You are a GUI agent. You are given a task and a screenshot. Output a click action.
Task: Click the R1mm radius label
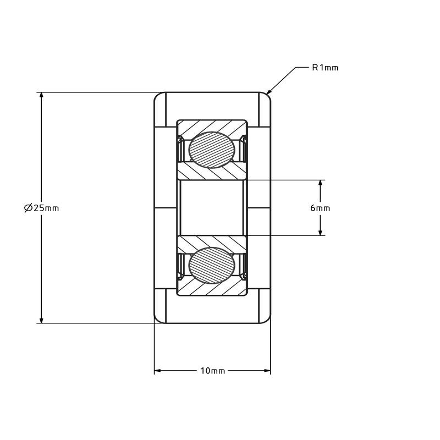[x=325, y=68]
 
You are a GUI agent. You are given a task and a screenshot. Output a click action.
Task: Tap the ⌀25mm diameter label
[x=42, y=208]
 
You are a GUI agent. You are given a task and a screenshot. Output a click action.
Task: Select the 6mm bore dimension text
[x=320, y=208]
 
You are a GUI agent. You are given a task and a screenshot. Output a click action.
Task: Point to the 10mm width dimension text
[x=213, y=371]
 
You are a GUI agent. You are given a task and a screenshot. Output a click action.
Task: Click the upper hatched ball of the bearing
[x=211, y=150]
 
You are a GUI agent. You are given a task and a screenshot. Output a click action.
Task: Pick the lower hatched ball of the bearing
[x=211, y=266]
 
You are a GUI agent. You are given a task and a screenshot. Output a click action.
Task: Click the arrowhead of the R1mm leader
[x=268, y=91]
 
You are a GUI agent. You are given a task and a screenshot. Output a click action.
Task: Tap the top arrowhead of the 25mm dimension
[x=42, y=96]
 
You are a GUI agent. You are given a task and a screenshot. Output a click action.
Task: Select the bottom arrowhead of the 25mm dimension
[x=42, y=320]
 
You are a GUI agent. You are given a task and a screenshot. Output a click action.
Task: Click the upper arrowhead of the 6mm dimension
[x=320, y=184]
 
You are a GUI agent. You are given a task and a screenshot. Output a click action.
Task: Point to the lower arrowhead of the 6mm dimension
[x=320, y=232]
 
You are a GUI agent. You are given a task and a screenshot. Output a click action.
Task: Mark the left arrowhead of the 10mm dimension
[x=158, y=371]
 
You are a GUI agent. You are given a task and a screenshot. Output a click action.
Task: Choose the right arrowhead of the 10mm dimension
[x=266, y=371]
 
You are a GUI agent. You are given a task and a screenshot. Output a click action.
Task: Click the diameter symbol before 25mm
[x=29, y=208]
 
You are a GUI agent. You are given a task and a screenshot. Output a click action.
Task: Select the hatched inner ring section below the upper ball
[x=212, y=172]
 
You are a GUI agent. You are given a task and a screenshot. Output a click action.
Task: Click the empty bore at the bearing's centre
[x=212, y=208]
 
